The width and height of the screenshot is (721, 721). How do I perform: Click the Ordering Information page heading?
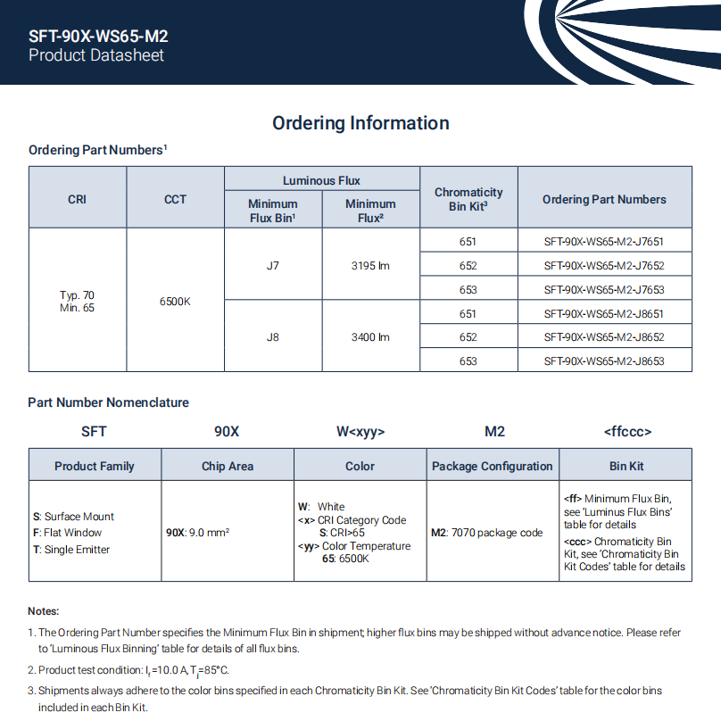pyautogui.click(x=360, y=123)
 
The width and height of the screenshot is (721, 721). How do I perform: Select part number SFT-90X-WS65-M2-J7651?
pyautogui.click(x=604, y=242)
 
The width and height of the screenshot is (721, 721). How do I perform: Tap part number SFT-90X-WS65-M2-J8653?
pyautogui.click(x=604, y=361)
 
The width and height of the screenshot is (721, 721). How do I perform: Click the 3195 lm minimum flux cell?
pyautogui.click(x=370, y=266)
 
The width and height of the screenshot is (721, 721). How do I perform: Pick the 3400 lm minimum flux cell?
pyautogui.click(x=370, y=337)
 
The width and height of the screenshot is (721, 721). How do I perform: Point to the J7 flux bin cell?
pyautogui.click(x=272, y=266)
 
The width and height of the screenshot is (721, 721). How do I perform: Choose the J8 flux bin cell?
pyautogui.click(x=272, y=337)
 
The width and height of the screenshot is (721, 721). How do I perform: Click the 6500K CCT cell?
pyautogui.click(x=175, y=302)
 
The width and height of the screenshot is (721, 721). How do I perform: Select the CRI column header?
pyautogui.click(x=78, y=199)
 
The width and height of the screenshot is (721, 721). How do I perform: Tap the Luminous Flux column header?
pyautogui.click(x=321, y=180)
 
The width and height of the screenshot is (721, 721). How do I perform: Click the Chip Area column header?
pyautogui.click(x=228, y=466)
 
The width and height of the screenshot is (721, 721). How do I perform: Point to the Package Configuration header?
pyautogui.click(x=493, y=466)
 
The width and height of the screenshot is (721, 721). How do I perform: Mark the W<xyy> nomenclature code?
pyautogui.click(x=360, y=432)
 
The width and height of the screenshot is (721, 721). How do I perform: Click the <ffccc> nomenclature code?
pyautogui.click(x=627, y=432)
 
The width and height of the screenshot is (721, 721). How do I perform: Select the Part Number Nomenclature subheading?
pyautogui.click(x=109, y=402)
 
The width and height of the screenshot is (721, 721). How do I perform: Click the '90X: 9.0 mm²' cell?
pyautogui.click(x=198, y=533)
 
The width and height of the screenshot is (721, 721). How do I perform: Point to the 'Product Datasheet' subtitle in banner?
pyautogui.click(x=96, y=55)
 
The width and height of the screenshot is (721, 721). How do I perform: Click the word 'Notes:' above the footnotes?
pyautogui.click(x=44, y=611)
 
